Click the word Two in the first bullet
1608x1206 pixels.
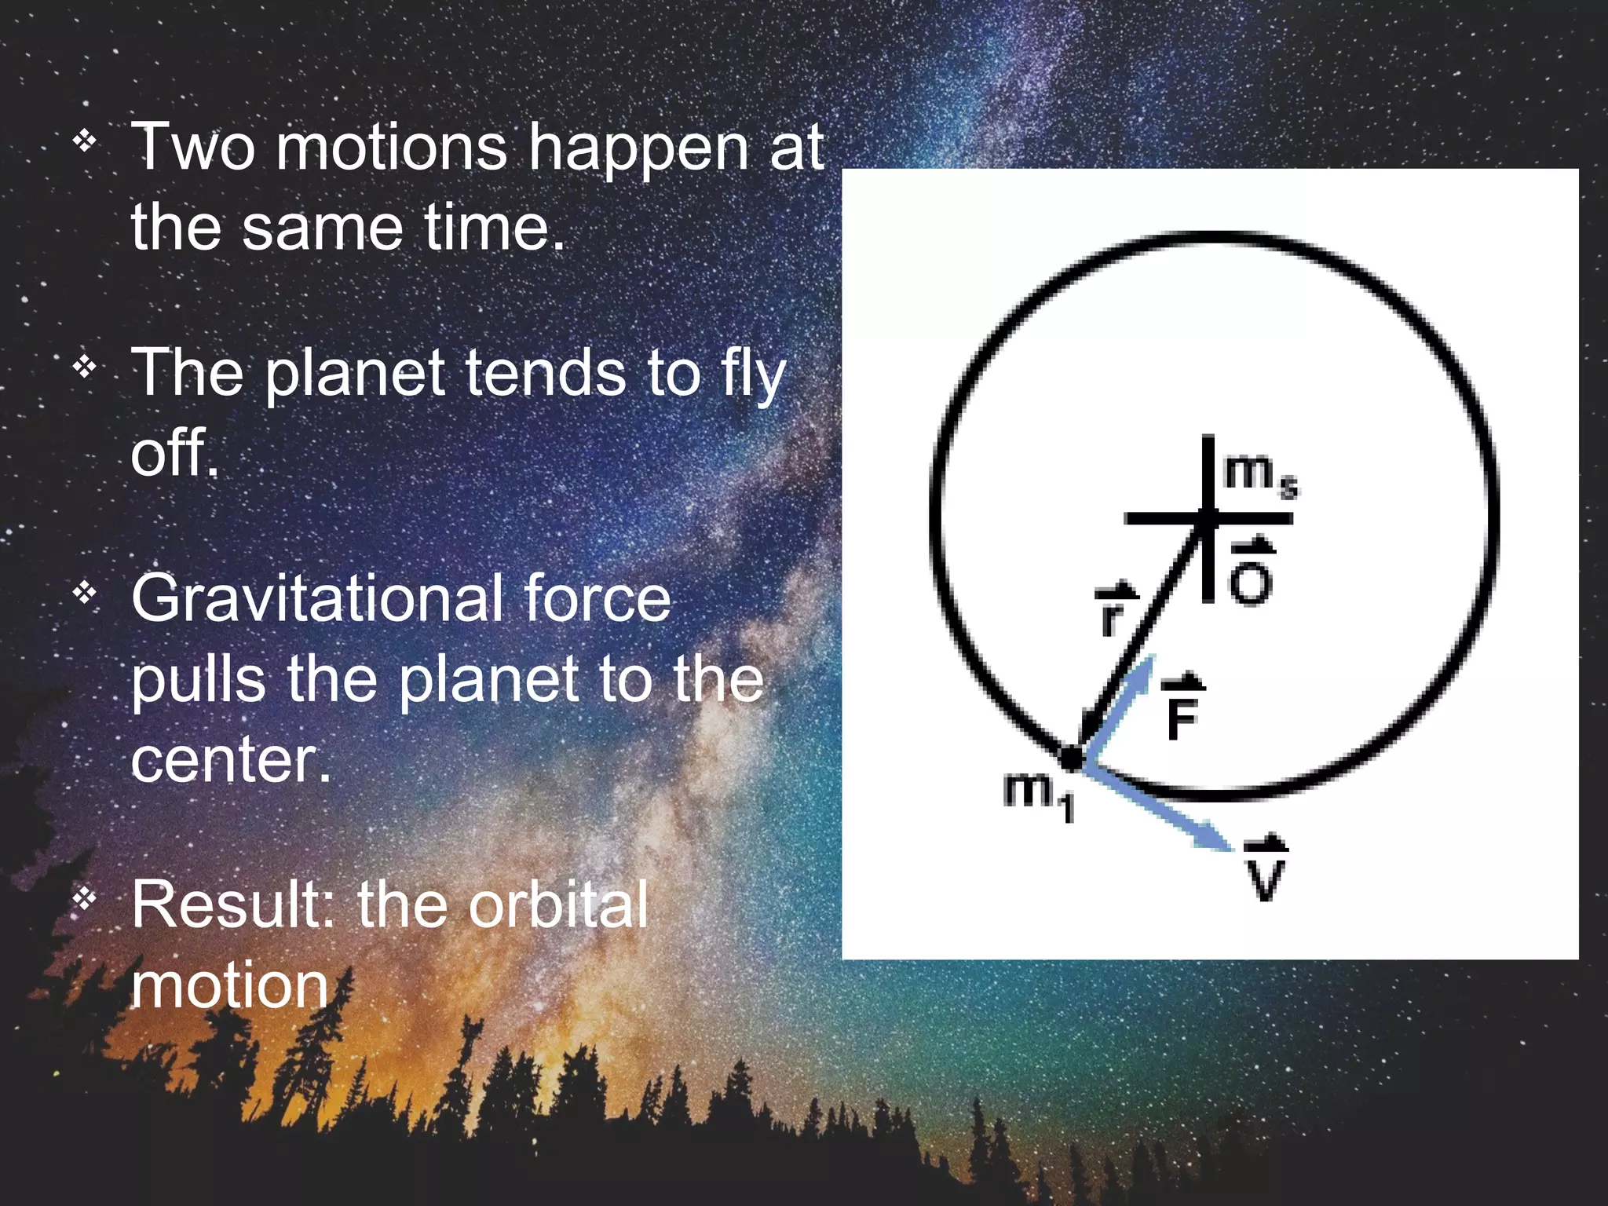coord(193,148)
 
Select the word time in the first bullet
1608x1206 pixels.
coord(493,227)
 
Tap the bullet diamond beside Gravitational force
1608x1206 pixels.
coord(84,593)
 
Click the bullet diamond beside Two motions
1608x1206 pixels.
coord(84,141)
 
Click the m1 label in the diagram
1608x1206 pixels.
coord(1038,795)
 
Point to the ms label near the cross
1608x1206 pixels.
coord(1259,474)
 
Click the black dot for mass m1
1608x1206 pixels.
coord(1070,758)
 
